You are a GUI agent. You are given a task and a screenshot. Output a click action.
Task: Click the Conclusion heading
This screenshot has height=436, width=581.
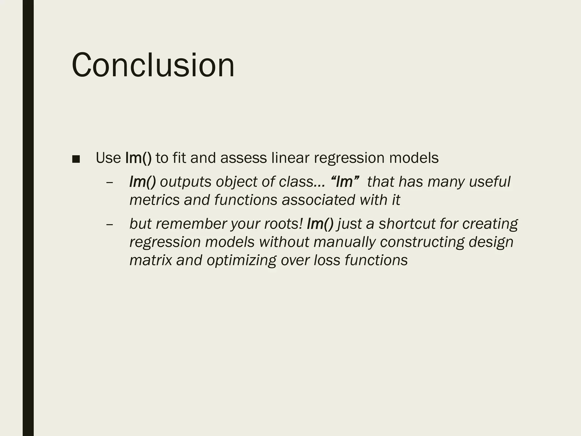153,65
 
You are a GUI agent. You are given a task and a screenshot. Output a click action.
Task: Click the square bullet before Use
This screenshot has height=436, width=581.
76,159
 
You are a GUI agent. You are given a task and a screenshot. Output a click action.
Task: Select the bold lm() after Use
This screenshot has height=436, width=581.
138,158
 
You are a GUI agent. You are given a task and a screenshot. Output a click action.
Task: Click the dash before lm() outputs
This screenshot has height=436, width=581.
109,182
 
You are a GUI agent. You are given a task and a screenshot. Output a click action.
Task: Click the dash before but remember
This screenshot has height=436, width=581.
109,224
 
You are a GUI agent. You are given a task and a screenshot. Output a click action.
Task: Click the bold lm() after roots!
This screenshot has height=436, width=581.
320,224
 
